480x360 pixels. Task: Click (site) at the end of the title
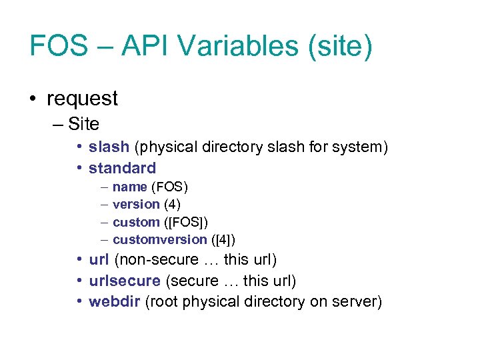[x=340, y=46]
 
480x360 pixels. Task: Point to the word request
[x=82, y=99]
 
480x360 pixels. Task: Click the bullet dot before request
[x=33, y=99]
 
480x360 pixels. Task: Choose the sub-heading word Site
[x=83, y=124]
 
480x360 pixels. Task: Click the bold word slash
[x=109, y=147]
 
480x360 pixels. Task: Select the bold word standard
[x=122, y=168]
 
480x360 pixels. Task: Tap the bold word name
[x=129, y=187]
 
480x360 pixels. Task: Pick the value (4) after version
[x=172, y=204]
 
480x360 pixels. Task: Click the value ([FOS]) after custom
[x=190, y=222]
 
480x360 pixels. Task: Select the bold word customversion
[x=160, y=239]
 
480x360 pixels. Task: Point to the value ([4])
[x=223, y=239]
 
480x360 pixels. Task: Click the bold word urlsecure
[x=125, y=281]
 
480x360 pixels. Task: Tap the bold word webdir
[x=114, y=302]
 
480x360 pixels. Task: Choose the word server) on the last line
[x=357, y=302]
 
